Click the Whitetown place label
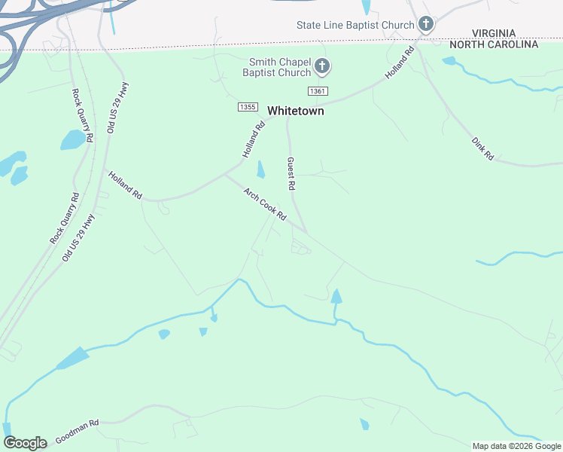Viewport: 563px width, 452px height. coord(296,111)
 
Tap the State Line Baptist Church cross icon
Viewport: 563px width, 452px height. coord(425,25)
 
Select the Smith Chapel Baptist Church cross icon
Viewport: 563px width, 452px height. coord(321,67)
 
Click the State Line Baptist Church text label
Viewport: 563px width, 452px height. coord(355,25)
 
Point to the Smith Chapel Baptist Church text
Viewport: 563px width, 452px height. coord(276,67)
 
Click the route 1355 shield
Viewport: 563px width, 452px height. coord(247,107)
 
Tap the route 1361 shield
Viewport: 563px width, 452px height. coord(318,91)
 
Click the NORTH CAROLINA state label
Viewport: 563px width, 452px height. coord(494,44)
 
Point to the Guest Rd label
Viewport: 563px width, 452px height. coord(291,173)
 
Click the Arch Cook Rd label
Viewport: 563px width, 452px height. coord(265,204)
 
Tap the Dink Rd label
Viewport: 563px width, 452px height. coord(482,148)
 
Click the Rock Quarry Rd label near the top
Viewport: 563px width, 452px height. coord(81,115)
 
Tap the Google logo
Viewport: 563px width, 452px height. coord(25,443)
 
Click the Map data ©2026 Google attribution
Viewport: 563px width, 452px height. coord(516,446)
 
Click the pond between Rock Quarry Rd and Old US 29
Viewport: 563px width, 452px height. coord(73,140)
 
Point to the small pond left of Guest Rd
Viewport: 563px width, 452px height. coord(260,169)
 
